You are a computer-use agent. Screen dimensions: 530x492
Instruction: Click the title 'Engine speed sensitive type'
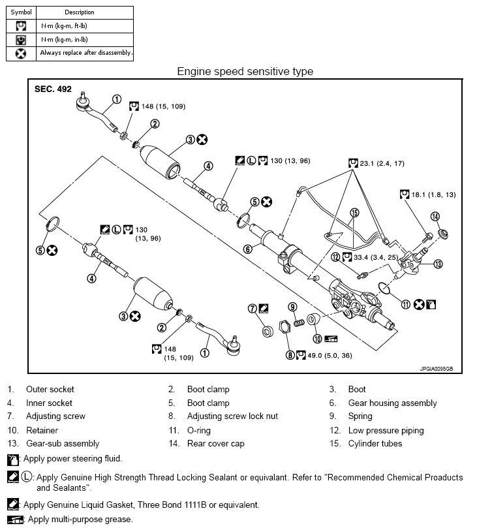click(245, 71)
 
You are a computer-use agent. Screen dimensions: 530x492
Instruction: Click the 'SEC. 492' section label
click(53, 89)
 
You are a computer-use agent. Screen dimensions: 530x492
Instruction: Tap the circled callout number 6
click(248, 249)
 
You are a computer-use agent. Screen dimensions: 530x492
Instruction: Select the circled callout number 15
click(354, 213)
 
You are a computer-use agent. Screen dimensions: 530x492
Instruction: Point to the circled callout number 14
click(435, 217)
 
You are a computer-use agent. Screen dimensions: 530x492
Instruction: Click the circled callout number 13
click(438, 264)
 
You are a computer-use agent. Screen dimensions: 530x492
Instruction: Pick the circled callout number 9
click(293, 307)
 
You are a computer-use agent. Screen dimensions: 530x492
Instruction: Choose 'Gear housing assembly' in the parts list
click(392, 403)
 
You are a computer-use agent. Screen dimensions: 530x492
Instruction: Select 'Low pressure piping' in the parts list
click(385, 430)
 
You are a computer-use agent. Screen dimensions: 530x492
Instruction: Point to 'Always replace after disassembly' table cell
click(85, 52)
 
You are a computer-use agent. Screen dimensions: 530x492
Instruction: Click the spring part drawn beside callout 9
click(299, 320)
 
